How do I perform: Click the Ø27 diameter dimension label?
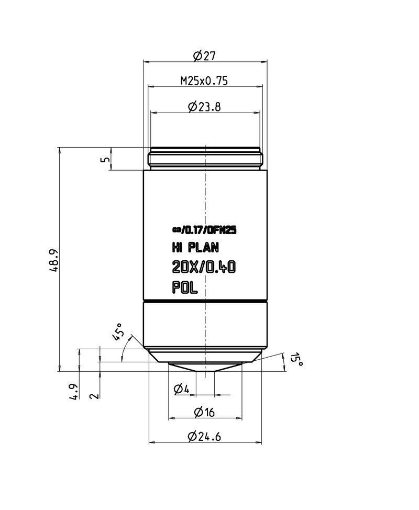point(205,54)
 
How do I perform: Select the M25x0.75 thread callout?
point(205,81)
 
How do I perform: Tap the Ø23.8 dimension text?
point(205,107)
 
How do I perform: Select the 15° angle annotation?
point(297,360)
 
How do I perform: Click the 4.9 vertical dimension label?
point(75,392)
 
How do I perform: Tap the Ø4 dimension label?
point(181,389)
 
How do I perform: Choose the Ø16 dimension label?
point(204,413)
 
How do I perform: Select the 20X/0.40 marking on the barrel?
point(204,268)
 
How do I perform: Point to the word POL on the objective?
point(185,287)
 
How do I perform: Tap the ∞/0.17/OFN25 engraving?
point(205,229)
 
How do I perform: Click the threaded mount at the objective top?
point(205,158)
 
